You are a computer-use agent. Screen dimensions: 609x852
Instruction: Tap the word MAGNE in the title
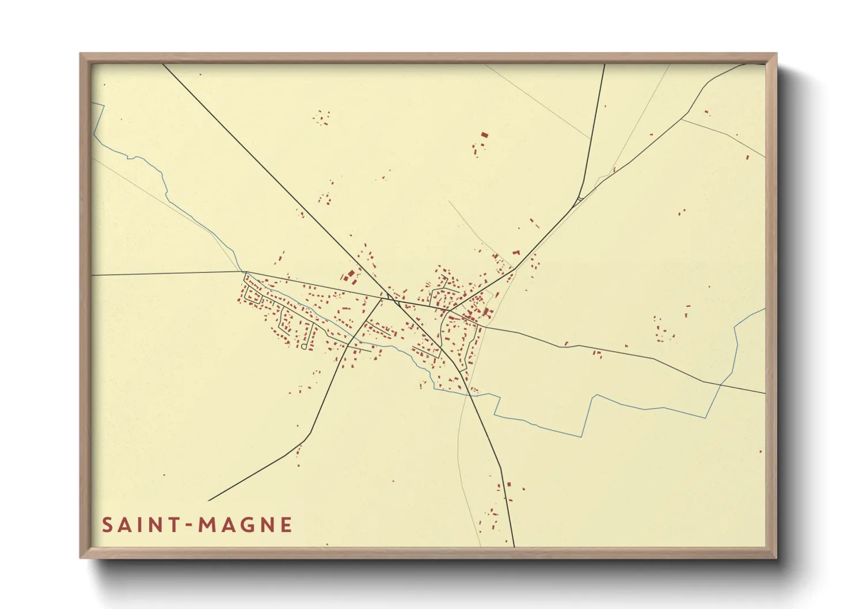(245, 525)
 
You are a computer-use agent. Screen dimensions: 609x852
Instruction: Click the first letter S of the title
(107, 525)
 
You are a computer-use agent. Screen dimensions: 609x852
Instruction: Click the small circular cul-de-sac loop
(303, 347)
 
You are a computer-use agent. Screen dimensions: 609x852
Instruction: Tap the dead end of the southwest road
(209, 500)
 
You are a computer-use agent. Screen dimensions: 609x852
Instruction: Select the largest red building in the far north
(484, 135)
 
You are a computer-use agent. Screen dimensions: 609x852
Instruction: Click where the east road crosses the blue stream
(720, 384)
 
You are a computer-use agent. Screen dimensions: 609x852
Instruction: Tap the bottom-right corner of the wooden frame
(775, 557)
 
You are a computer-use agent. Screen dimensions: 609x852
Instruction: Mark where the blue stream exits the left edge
(93, 104)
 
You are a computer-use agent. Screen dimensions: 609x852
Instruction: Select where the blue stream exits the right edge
(764, 309)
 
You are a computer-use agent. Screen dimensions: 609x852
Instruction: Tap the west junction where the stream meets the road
(244, 272)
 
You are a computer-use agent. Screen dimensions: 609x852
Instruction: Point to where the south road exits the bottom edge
(514, 546)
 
